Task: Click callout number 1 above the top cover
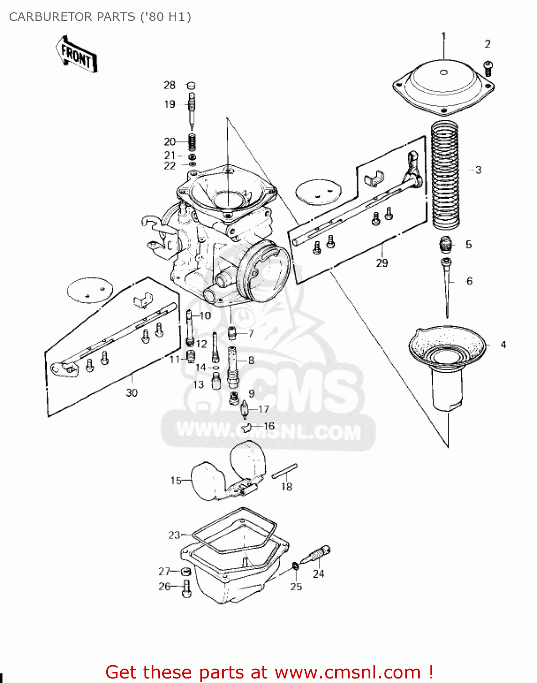[444, 36]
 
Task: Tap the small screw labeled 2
[488, 68]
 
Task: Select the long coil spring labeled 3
[445, 175]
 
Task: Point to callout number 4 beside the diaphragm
[503, 345]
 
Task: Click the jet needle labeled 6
[446, 287]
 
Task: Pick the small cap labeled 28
[191, 85]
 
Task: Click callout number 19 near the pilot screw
[169, 104]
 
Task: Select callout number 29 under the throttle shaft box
[382, 263]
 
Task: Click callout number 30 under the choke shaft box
[132, 392]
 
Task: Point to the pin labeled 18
[285, 471]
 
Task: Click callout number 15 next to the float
[176, 480]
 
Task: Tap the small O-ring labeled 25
[295, 566]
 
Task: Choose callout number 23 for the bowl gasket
[174, 535]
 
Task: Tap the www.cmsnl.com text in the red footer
[348, 672]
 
